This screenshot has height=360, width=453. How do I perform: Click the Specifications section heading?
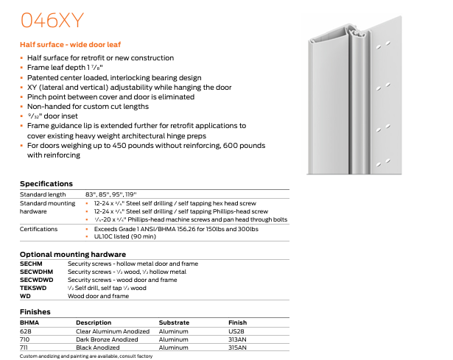[46, 183]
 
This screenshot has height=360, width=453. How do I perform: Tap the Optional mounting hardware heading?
[68, 254]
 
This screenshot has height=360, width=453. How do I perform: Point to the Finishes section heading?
[35, 312]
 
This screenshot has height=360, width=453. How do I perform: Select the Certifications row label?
[39, 229]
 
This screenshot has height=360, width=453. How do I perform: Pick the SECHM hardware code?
[32, 263]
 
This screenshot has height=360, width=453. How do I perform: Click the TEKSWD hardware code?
[34, 287]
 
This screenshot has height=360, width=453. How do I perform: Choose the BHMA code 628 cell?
[26, 331]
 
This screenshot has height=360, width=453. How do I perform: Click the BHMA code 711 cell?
[25, 347]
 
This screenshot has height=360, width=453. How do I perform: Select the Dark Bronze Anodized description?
[107, 339]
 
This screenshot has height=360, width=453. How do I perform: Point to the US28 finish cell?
[237, 331]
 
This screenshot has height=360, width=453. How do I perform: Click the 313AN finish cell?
[239, 339]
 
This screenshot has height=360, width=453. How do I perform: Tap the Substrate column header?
[174, 322]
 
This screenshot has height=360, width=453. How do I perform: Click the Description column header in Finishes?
[94, 322]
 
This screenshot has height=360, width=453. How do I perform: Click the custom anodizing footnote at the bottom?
[86, 356]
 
